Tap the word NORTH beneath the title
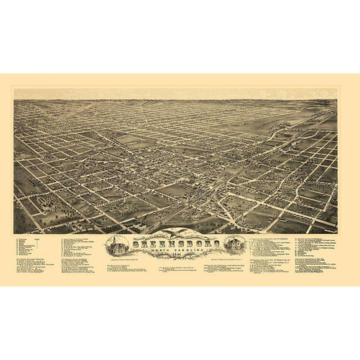(x=157, y=250)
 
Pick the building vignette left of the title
(x=118, y=246)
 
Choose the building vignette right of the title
(x=232, y=245)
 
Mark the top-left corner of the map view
(x=14, y=89)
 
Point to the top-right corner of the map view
(x=337, y=89)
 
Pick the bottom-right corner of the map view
(x=337, y=233)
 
